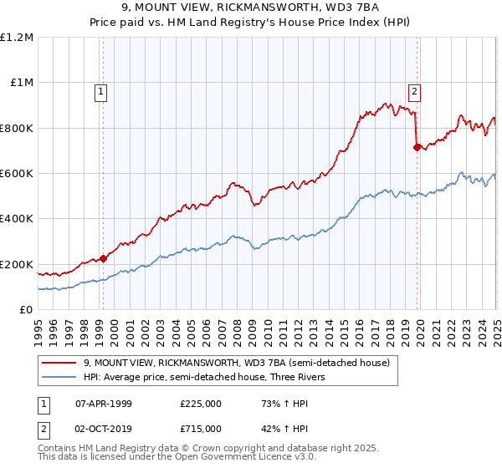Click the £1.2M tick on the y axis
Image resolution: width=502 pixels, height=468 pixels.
(x=16, y=37)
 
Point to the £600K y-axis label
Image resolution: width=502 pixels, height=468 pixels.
(x=16, y=174)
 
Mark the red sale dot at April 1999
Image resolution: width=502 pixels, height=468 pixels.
(x=103, y=258)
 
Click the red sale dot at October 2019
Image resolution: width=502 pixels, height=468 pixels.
(x=416, y=147)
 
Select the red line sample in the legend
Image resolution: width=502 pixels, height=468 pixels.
(x=60, y=364)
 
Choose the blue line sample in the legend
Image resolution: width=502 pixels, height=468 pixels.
(x=60, y=377)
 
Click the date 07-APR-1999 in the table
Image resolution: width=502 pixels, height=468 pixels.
(x=101, y=404)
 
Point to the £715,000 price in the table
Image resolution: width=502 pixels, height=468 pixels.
(x=201, y=428)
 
